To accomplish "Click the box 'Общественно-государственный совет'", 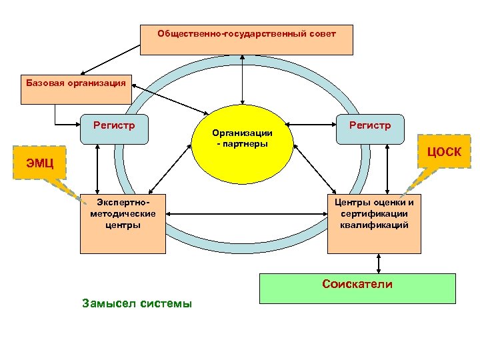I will point(246,40).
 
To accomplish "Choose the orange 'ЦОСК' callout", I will point(442,151).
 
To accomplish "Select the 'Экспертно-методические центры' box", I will point(123,223).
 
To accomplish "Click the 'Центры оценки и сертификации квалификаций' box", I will point(374,223).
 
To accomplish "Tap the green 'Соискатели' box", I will point(357,288).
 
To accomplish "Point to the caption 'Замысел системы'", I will point(137,303).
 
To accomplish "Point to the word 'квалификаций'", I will point(374,225).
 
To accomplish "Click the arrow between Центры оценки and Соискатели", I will point(378,263).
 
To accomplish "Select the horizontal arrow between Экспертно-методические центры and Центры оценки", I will point(246,214).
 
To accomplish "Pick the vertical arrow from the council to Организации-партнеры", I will point(243,77).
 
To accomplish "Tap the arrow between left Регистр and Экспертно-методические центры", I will point(98,168).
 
